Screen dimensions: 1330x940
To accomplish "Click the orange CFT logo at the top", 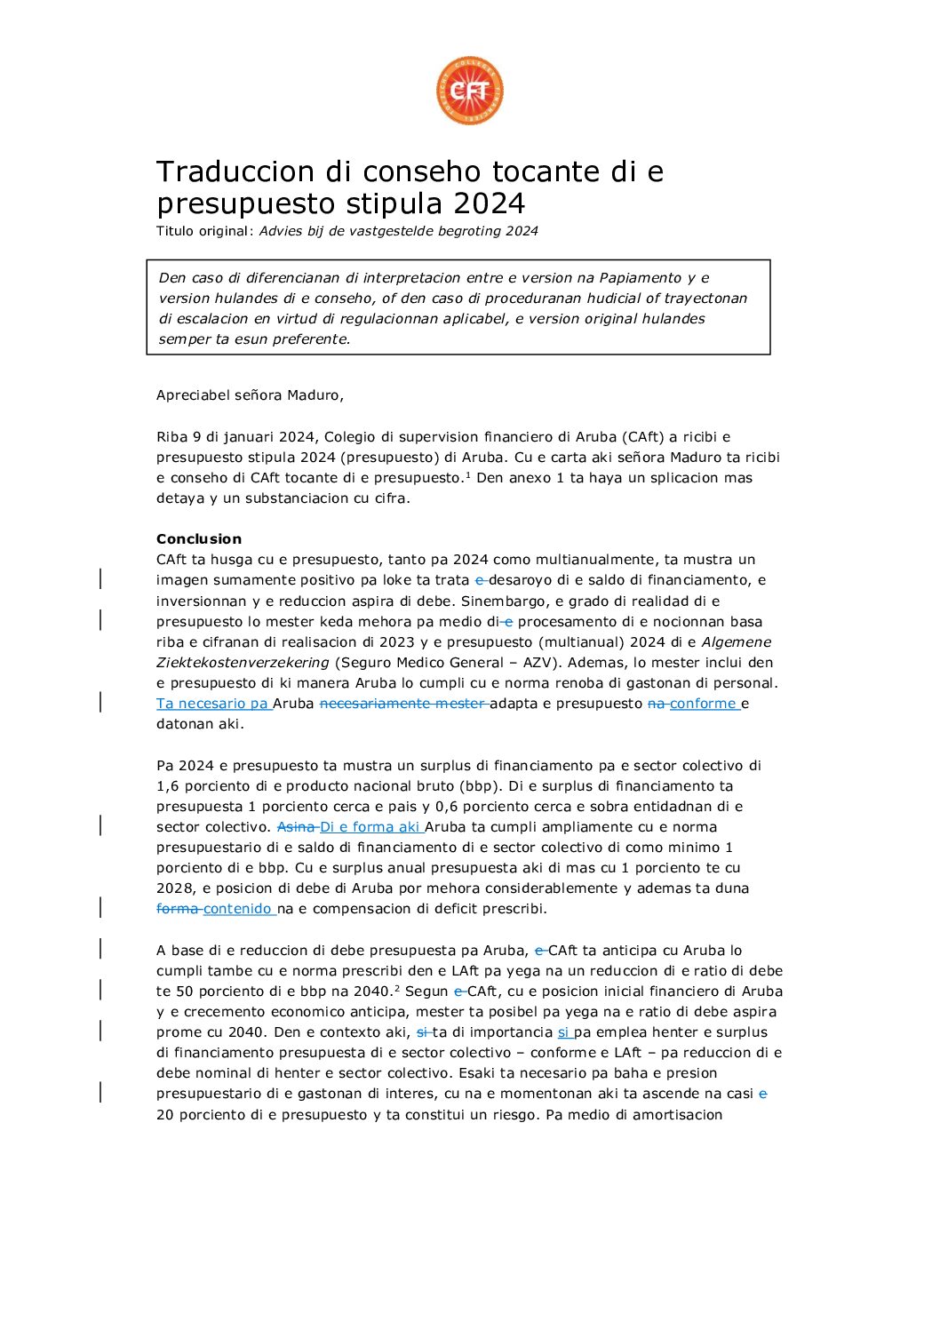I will click(469, 91).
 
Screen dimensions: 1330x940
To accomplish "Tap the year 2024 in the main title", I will click(489, 204).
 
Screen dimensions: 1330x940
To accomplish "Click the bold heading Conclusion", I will click(199, 539).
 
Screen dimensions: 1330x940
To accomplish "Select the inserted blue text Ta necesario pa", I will click(213, 704).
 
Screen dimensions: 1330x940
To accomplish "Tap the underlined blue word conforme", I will click(703, 704).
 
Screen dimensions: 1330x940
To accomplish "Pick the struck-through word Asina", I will click(296, 827).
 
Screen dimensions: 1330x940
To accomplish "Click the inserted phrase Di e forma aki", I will click(370, 827).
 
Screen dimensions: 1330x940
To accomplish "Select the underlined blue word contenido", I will click(237, 909).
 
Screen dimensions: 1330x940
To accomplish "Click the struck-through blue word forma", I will click(178, 909).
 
